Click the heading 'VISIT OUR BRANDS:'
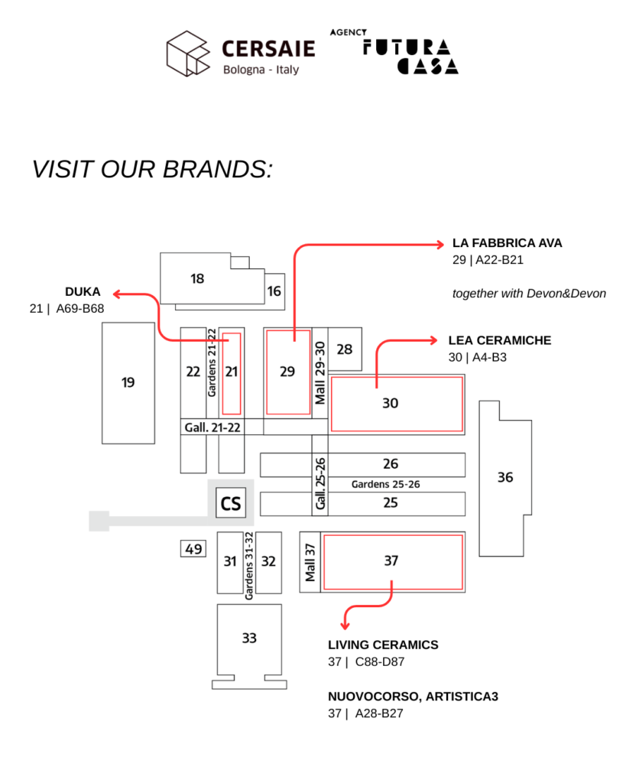[152, 169]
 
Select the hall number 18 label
[197, 279]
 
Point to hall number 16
[274, 291]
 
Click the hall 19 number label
[128, 382]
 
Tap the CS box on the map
[230, 503]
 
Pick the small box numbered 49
[193, 548]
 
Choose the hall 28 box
[345, 349]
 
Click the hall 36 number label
[505, 478]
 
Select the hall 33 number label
[248, 638]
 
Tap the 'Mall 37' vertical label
[310, 562]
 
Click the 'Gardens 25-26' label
[385, 484]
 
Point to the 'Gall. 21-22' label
[212, 427]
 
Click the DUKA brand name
[83, 291]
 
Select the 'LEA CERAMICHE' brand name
[499, 340]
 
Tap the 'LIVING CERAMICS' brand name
[383, 645]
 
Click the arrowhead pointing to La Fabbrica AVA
[439, 245]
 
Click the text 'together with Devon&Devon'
[529, 293]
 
